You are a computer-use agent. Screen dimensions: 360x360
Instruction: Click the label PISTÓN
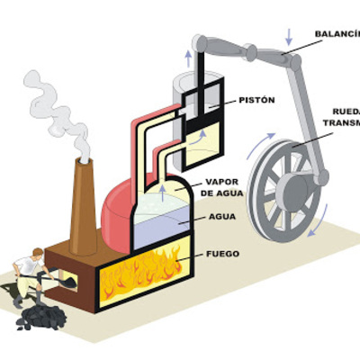click(257, 100)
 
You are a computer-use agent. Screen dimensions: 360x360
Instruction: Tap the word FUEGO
click(222, 254)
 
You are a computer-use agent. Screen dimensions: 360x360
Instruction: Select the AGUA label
click(222, 217)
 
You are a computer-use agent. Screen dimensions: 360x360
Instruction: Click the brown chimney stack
click(84, 207)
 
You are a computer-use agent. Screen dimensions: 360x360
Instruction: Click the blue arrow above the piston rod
click(188, 58)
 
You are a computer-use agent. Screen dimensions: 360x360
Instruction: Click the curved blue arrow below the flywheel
click(310, 232)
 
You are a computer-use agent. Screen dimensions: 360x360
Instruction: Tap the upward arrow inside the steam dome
click(162, 190)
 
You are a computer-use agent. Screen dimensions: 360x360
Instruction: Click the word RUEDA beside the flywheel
click(346, 112)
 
